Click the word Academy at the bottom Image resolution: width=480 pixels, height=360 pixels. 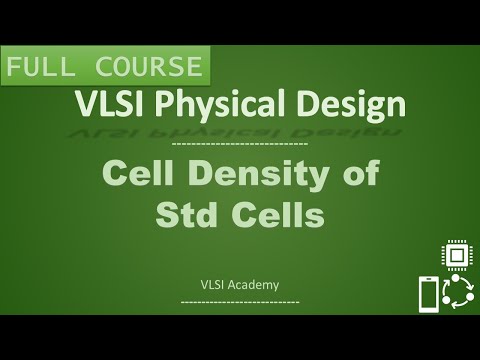click(x=254, y=284)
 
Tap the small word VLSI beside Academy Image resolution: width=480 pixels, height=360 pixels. click(x=213, y=284)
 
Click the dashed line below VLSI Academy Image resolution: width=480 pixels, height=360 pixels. click(x=240, y=299)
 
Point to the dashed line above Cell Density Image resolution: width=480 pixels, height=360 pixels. click(x=240, y=146)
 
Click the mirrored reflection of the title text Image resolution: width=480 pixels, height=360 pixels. click(x=240, y=129)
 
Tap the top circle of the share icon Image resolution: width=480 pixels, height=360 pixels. click(x=459, y=281)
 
